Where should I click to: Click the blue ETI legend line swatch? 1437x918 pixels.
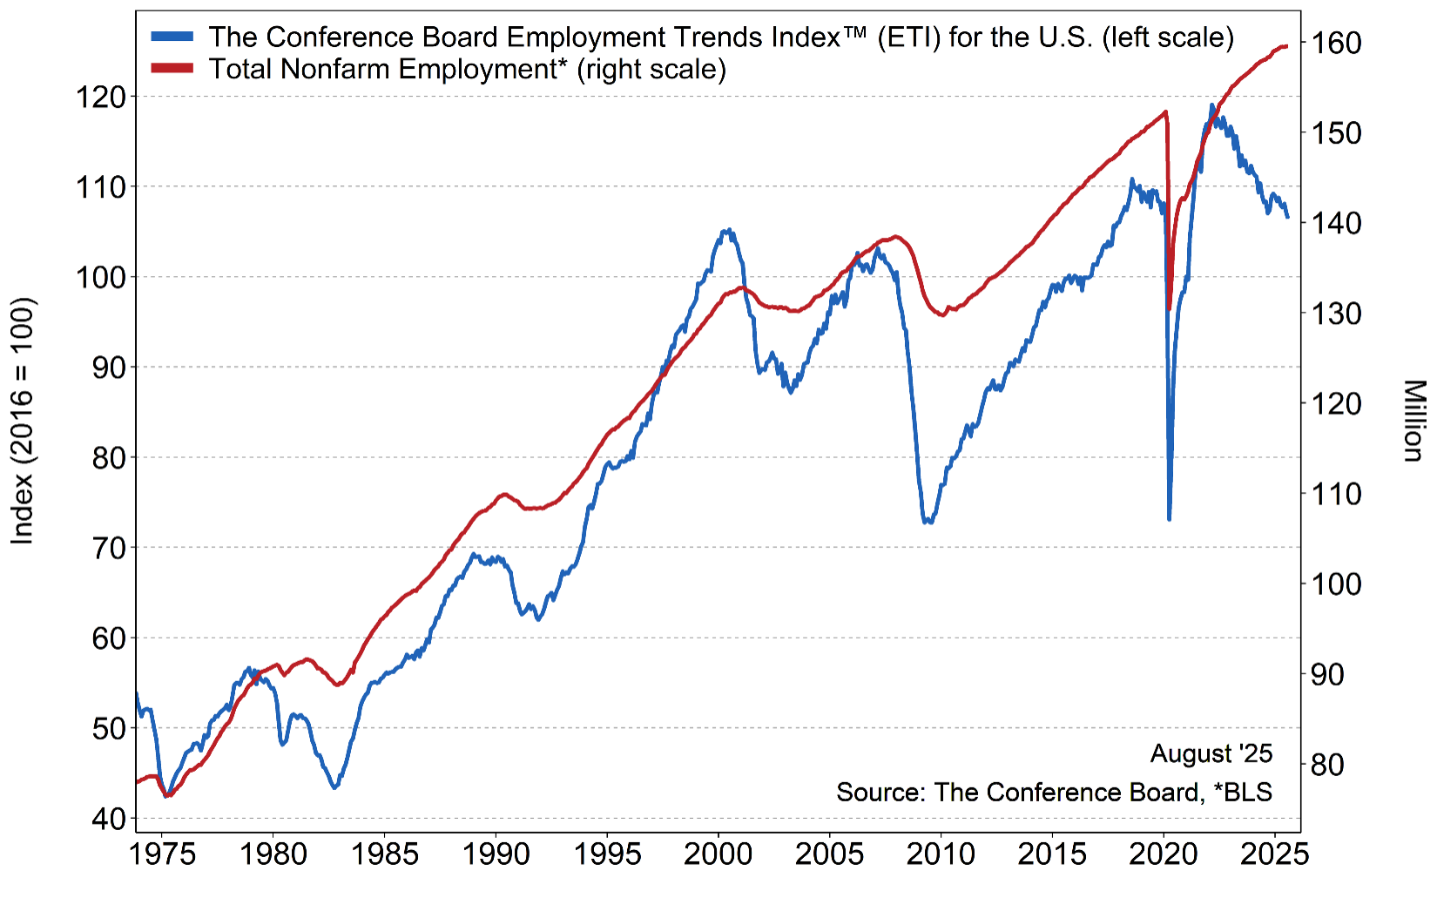pos(172,37)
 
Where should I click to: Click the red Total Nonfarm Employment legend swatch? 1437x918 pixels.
pos(172,69)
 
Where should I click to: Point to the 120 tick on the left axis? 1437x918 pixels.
pos(101,97)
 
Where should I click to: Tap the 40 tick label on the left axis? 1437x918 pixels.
pos(109,819)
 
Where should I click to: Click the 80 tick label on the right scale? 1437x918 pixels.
pos(1326,765)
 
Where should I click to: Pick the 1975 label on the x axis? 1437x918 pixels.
pos(163,854)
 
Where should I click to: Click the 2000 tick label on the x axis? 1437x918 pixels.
pos(718,854)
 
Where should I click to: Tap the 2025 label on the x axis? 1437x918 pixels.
pos(1274,854)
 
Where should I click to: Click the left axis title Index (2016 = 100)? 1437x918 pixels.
pos(22,422)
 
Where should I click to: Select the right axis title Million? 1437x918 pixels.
pos(1413,421)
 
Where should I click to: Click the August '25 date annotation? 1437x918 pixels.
pos(1211,753)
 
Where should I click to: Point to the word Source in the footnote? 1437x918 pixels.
pos(880,793)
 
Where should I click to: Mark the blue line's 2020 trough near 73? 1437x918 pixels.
pos(1169,519)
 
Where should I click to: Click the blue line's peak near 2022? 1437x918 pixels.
pos(1211,105)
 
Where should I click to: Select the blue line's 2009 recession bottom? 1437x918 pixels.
pos(928,522)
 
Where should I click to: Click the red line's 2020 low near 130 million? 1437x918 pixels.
pos(1170,308)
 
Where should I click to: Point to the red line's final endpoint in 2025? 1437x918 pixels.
pos(1286,46)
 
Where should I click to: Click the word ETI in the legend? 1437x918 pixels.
pos(909,37)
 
